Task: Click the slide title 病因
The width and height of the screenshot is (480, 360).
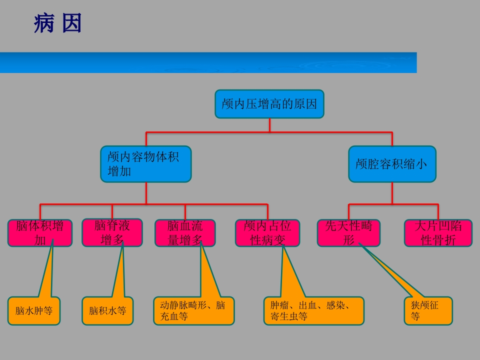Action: (x=57, y=23)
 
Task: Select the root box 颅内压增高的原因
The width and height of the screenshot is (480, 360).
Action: (x=269, y=104)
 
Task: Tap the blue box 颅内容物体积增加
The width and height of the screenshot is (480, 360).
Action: (x=145, y=164)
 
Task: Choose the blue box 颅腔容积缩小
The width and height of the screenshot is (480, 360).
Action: (x=392, y=164)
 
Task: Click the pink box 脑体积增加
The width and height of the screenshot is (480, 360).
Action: (x=40, y=233)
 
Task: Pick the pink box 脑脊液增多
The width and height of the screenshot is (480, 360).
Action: (x=112, y=233)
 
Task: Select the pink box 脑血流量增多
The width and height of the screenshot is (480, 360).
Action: (x=185, y=233)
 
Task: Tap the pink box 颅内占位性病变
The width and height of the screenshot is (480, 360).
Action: (x=267, y=233)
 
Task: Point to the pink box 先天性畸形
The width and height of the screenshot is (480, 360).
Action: (x=348, y=233)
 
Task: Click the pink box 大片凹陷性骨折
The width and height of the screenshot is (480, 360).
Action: (x=438, y=233)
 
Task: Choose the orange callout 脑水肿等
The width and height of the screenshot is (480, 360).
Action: (x=34, y=311)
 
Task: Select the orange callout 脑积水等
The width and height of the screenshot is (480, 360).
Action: (x=107, y=311)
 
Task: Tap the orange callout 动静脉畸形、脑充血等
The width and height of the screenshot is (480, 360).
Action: (x=193, y=310)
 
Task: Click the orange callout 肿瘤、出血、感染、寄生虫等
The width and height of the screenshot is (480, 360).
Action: (x=313, y=310)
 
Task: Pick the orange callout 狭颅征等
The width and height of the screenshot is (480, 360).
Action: (x=428, y=310)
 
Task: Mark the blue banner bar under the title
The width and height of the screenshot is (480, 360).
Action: (x=208, y=62)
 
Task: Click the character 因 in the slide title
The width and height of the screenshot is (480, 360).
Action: (x=71, y=23)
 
